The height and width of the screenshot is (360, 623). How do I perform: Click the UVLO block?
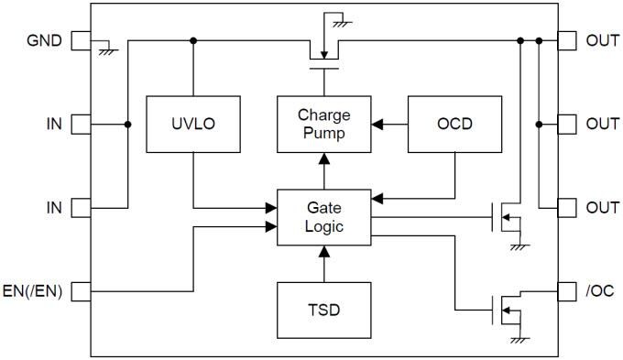click(193, 122)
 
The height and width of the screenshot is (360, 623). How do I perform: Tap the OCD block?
click(454, 122)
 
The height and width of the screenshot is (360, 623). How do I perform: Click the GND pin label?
click(44, 41)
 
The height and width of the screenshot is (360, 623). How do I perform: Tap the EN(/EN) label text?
click(33, 292)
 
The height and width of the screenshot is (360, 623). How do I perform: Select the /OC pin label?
click(601, 292)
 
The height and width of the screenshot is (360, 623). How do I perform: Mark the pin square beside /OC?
click(567, 292)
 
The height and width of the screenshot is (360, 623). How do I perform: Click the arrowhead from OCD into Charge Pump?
click(377, 122)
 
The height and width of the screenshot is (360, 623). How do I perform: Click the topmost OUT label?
click(602, 41)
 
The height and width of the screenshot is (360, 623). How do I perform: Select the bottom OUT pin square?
click(567, 207)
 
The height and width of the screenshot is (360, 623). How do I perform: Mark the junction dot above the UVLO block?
click(193, 41)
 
